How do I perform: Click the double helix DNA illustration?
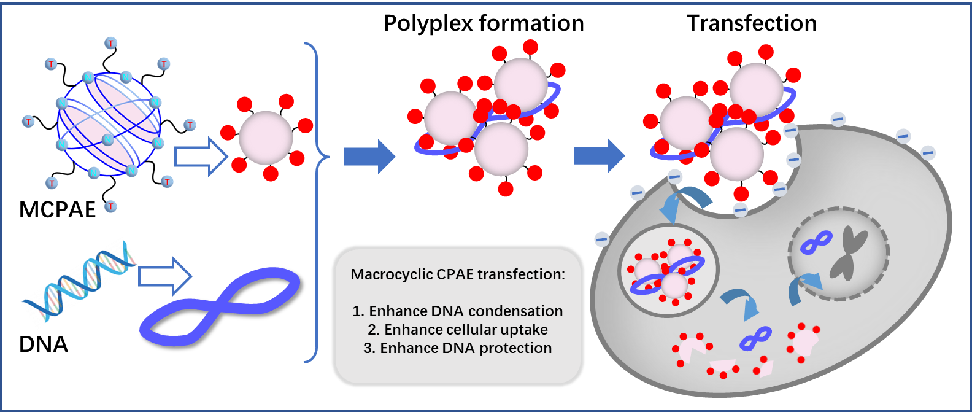pyautogui.click(x=80, y=283)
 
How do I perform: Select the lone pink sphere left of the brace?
pyautogui.click(x=266, y=138)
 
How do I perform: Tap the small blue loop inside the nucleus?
pyautogui.click(x=816, y=243)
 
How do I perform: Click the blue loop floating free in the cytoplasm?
pyautogui.click(x=755, y=338)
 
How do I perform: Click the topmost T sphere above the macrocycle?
pyautogui.click(x=111, y=43)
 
